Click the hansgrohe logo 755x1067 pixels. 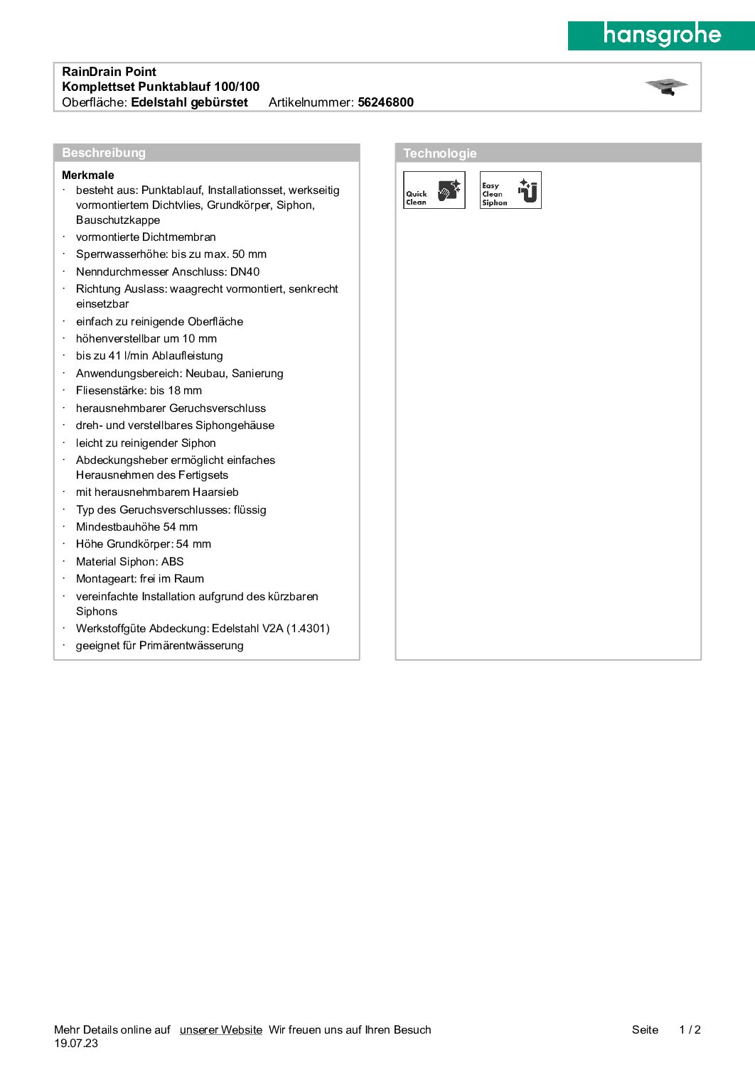coord(661,36)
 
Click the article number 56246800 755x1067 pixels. coord(385,102)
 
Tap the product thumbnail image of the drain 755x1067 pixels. coord(666,87)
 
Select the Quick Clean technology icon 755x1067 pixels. coord(434,190)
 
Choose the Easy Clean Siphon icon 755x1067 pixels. coord(510,190)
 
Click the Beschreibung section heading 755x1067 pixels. coord(104,153)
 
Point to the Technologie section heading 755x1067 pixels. coord(440,153)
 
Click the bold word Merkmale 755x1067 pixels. coord(88,175)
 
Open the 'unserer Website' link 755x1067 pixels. coord(221,1030)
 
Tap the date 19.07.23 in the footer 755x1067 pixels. coord(76,1044)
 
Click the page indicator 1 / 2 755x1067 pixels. coord(690,1030)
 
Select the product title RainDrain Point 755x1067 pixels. coord(109,72)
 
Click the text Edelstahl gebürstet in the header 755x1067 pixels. coord(190,102)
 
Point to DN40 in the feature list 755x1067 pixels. coord(245,272)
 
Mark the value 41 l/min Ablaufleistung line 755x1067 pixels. coord(149,356)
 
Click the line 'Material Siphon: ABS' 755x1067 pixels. coord(130,562)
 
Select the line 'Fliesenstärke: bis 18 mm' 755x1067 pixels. coord(139,391)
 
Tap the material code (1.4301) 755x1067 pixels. coord(308,629)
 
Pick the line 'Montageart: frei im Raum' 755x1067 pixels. coord(140,579)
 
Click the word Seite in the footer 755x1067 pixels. coord(645,1030)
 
